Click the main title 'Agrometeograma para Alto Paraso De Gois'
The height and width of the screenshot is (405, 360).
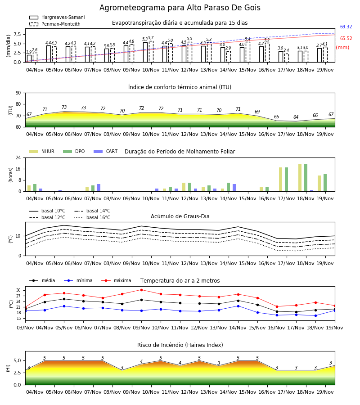(180, 8)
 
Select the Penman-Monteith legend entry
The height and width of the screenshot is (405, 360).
(55, 24)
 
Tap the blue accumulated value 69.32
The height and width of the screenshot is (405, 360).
(346, 27)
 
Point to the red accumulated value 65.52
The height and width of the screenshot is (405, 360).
(346, 39)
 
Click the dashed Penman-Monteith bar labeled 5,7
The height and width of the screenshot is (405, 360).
(151, 52)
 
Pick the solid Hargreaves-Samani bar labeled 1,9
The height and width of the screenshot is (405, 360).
(29, 58)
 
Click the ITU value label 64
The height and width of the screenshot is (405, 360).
(296, 117)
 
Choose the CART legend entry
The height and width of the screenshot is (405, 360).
(106, 151)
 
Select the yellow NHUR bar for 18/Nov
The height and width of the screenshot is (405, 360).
(300, 178)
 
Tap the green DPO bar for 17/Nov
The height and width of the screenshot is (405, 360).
(286, 180)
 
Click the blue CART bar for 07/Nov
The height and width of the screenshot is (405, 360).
(99, 188)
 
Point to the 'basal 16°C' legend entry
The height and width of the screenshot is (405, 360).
(92, 217)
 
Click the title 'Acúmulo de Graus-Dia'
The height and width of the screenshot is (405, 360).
(180, 216)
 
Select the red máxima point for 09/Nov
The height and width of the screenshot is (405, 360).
(141, 290)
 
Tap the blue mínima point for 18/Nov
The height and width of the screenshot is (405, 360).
(315, 315)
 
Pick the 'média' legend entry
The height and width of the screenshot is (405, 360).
(42, 280)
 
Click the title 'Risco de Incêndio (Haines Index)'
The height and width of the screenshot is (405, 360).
(180, 345)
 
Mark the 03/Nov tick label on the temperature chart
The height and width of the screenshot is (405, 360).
(25, 328)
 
